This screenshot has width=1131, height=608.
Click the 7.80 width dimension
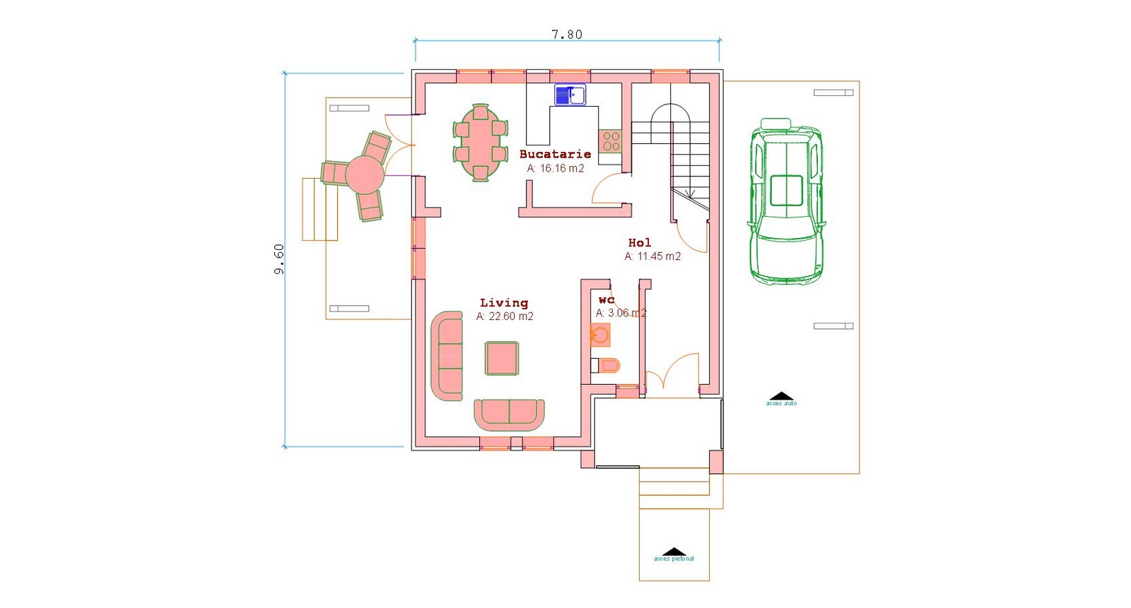566,35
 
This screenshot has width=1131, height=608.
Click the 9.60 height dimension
279,259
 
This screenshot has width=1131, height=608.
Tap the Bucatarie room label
555,154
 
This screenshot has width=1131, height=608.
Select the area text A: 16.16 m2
556,169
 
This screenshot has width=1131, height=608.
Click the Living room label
504,302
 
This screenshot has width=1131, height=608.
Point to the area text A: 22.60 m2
505,316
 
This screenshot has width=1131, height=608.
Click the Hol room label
640,242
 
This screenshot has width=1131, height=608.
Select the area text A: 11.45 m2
652,256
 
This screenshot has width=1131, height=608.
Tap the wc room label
606,300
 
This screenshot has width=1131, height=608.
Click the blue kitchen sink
570,95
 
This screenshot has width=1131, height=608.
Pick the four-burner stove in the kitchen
611,141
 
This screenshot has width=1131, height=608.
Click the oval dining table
480,143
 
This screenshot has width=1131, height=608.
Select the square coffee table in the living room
501,359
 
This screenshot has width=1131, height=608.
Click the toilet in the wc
606,365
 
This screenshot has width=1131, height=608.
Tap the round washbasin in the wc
600,335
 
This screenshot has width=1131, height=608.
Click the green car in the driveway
785,201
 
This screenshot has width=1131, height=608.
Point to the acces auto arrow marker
780,397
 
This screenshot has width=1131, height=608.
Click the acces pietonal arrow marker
674,552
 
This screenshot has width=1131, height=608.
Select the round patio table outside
365,174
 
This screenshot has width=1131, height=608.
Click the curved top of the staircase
670,112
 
